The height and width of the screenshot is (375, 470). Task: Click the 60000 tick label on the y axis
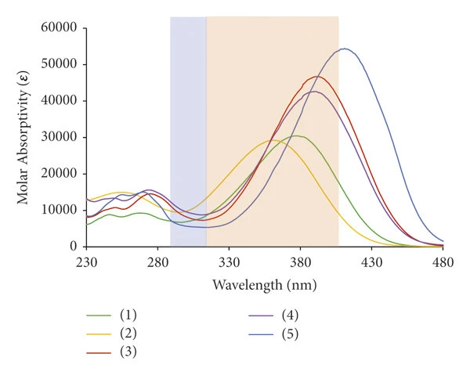59,27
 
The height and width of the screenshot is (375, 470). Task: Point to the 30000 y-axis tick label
59,137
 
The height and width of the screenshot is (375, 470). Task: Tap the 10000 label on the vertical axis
59,210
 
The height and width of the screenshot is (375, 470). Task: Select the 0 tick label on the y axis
74,246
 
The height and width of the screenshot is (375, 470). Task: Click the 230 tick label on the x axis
86,263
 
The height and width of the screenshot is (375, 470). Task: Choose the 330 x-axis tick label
229,263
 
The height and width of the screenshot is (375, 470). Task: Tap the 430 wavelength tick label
371,263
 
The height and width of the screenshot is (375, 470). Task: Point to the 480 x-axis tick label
443,263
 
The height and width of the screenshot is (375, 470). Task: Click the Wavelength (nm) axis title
265,284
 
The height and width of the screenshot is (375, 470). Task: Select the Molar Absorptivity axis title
23,138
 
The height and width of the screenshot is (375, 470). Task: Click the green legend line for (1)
99,316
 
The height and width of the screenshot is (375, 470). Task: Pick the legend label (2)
128,334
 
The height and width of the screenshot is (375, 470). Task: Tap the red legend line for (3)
99,352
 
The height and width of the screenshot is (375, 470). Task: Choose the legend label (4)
290,315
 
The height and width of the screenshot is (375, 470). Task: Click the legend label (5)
290,334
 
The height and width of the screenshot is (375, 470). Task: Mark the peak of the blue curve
345,49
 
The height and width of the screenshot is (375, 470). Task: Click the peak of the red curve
316,77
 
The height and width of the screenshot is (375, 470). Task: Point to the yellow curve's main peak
273,140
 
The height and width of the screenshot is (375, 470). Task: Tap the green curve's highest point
297,135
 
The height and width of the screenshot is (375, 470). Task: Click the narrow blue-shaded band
188,132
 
